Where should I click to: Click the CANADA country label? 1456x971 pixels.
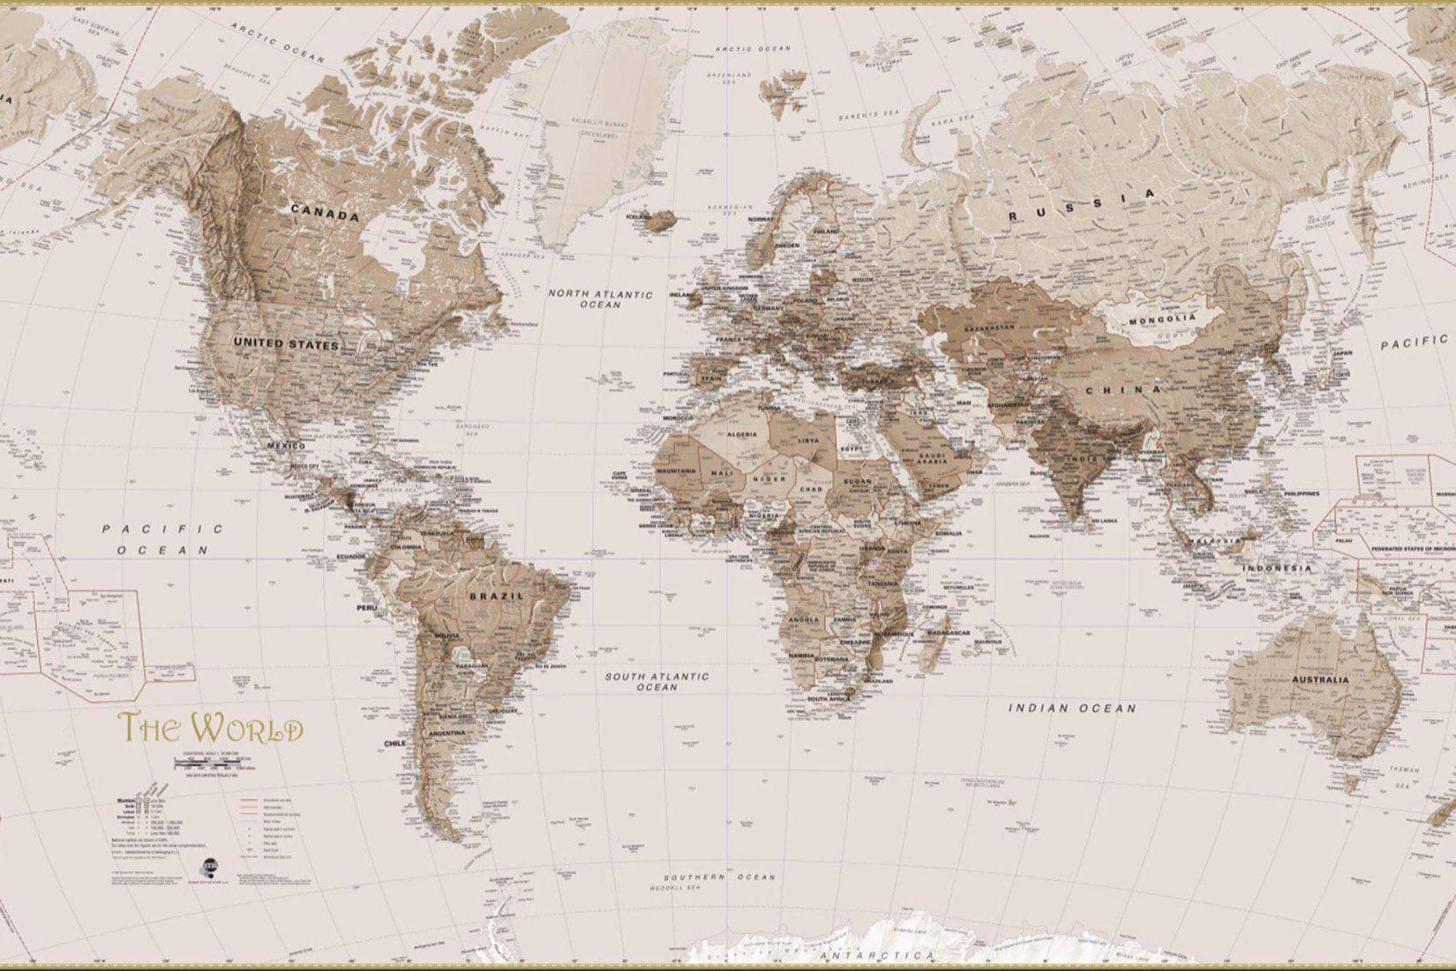pos(325,214)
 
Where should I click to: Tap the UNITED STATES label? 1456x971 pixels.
pos(286,343)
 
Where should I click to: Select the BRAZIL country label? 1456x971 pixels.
pos(497,596)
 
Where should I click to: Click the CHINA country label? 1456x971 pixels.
pos(1123,389)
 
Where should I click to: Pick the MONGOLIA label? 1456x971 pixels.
pos(1162,319)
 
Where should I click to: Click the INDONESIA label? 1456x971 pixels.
pos(1277,568)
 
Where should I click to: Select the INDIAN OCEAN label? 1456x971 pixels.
pos(1072,708)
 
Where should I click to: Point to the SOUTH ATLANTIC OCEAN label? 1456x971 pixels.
pos(656,681)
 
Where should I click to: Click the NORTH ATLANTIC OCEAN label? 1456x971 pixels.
pos(600,299)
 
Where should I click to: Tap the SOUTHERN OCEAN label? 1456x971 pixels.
pos(721,877)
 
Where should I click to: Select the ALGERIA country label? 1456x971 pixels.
pos(741,435)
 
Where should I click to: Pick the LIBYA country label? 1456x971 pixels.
pos(807,439)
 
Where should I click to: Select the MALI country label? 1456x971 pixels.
pos(721,473)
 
